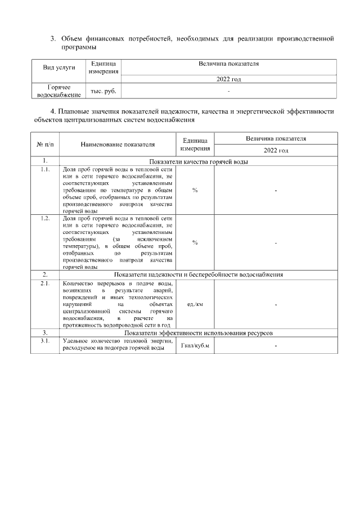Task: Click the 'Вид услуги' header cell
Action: tap(59, 68)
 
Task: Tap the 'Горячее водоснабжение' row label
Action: tap(59, 91)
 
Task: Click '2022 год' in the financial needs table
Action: tap(228, 79)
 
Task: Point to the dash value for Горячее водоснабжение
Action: tap(228, 91)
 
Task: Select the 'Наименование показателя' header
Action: tap(117, 145)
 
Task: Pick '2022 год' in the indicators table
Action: tap(276, 151)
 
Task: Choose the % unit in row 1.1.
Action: tap(195, 190)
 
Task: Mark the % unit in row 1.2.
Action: tap(195, 242)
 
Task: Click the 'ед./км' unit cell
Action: tap(195, 304)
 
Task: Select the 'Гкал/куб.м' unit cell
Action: tap(195, 345)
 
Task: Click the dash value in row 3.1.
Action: tap(276, 345)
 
